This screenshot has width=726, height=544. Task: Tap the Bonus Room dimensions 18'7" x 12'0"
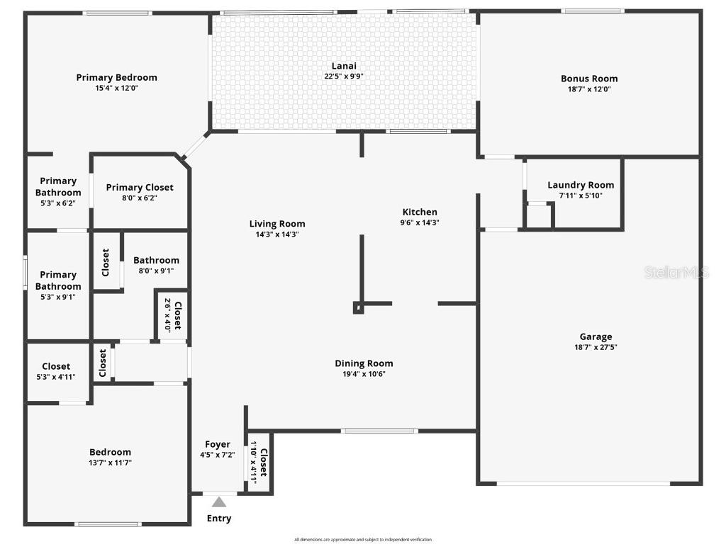[x=588, y=89]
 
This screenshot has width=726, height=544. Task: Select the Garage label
[x=596, y=336]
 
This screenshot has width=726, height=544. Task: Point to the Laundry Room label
[x=581, y=185]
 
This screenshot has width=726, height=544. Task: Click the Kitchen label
[x=420, y=212]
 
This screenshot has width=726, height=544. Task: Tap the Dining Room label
[x=364, y=363]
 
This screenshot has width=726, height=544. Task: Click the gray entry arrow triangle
[x=220, y=502]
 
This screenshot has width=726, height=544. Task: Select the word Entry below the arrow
[x=219, y=518]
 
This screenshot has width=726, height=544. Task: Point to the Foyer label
[x=217, y=444]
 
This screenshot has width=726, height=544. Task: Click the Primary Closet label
[x=140, y=188]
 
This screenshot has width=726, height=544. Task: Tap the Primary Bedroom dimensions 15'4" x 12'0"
[x=116, y=89]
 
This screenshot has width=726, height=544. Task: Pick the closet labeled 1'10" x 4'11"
[x=259, y=461]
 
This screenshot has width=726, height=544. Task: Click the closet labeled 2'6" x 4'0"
[x=173, y=315]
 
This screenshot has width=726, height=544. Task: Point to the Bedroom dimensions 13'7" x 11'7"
[x=110, y=463]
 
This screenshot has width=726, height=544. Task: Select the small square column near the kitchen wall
[x=358, y=308]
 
